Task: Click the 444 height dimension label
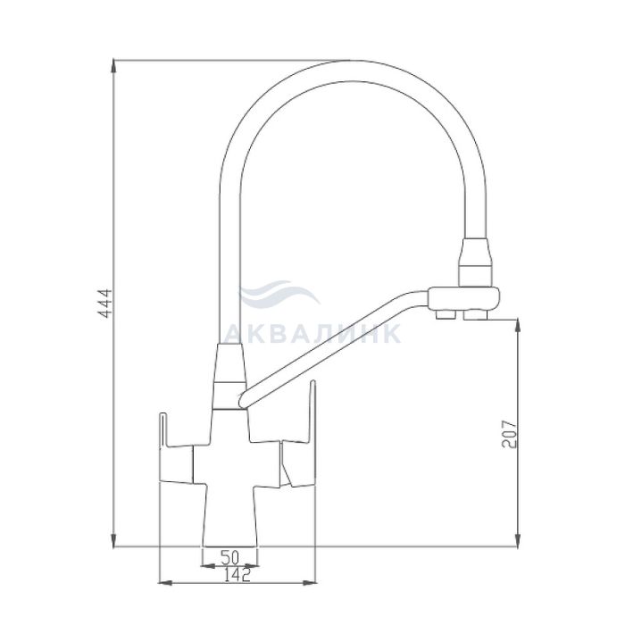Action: tap(105, 303)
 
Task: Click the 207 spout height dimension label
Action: tap(510, 434)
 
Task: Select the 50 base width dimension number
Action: tap(229, 557)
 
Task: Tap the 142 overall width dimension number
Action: tap(237, 575)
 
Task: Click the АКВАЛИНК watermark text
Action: tap(312, 334)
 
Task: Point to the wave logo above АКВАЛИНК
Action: tap(279, 294)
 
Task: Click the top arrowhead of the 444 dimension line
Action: tap(114, 66)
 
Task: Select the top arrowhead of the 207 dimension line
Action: tap(517, 326)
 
